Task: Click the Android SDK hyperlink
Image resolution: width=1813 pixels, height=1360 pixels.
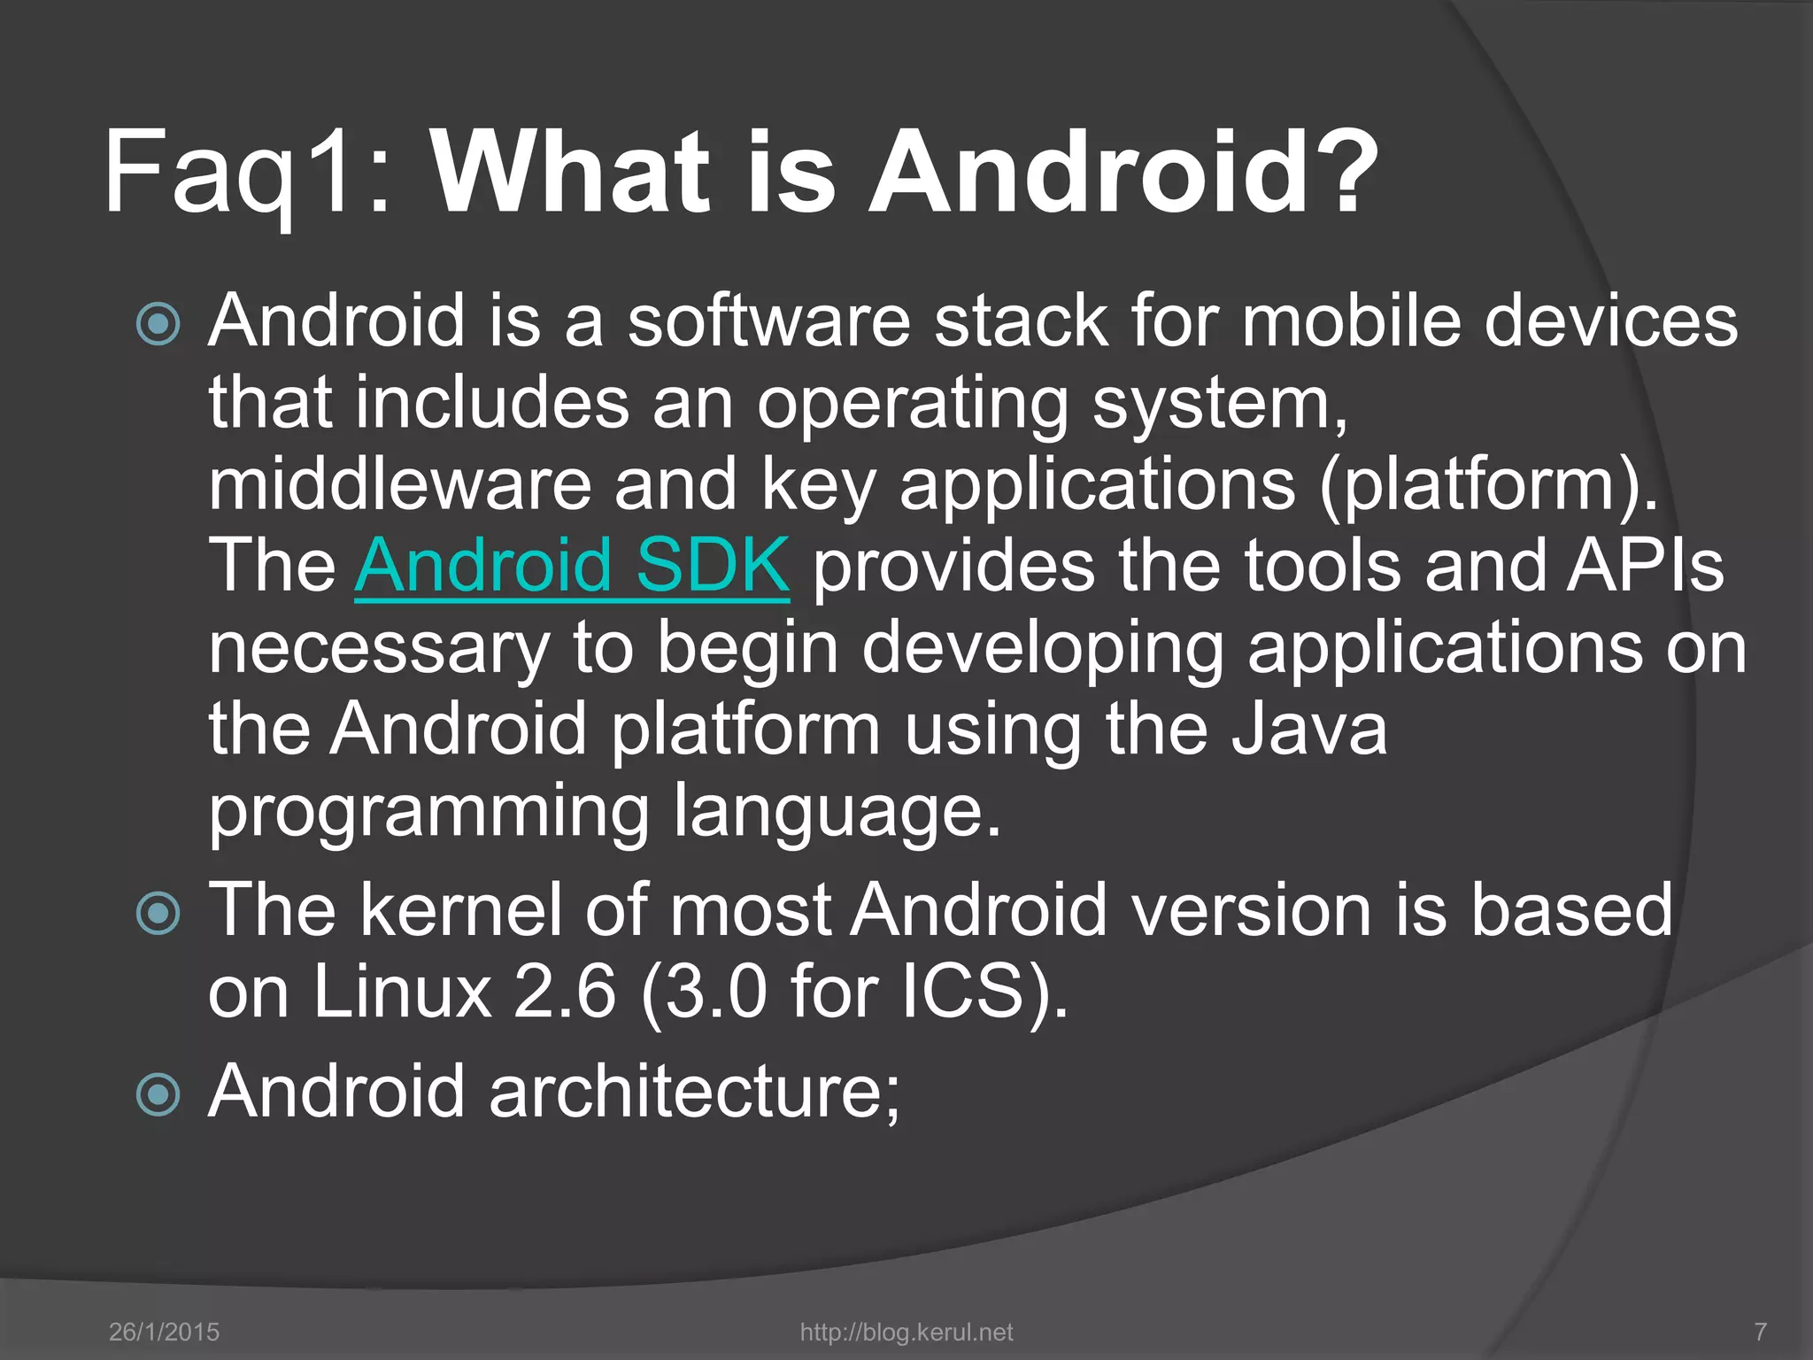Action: pyautogui.click(x=572, y=565)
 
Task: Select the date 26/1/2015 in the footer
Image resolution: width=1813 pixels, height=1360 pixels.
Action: pyautogui.click(x=164, y=1332)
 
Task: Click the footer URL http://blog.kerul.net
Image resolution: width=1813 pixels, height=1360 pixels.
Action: pyautogui.click(x=906, y=1332)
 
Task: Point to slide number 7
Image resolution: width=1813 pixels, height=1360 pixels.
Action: pyautogui.click(x=1761, y=1332)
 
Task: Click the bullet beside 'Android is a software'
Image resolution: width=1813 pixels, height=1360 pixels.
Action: pyautogui.click(x=159, y=324)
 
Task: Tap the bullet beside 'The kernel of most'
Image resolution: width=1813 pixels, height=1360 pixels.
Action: pyautogui.click(x=159, y=913)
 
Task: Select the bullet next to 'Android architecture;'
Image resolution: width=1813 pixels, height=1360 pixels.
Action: pyautogui.click(x=159, y=1094)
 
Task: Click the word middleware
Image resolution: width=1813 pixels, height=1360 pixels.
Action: pyautogui.click(x=399, y=485)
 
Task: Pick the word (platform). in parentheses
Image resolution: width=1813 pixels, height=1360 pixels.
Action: pyautogui.click(x=1488, y=485)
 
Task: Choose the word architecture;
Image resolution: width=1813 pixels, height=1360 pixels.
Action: pyautogui.click(x=694, y=1091)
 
